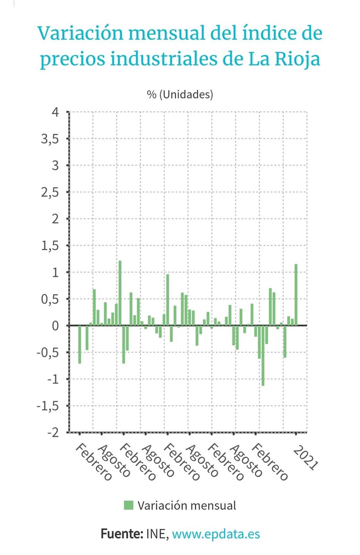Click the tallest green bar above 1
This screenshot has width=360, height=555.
[120, 293]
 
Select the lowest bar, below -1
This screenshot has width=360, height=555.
[263, 355]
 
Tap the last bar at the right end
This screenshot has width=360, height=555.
[296, 295]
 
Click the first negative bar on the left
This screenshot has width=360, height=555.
[79, 344]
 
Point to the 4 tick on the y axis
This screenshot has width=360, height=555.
[55, 112]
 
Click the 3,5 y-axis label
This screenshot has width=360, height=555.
[50, 139]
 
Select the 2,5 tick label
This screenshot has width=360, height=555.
[50, 192]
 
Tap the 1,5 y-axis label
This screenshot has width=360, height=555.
[50, 246]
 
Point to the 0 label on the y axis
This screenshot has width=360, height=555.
[55, 326]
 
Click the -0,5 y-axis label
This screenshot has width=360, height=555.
[48, 352]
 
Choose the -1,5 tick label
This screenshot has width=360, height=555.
[48, 406]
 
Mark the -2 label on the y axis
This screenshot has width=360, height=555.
[53, 433]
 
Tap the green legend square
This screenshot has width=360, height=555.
[128, 505]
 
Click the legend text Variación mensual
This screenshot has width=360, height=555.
[187, 505]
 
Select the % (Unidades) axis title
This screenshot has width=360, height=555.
[180, 94]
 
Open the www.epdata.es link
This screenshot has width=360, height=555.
[216, 534]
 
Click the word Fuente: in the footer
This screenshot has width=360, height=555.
[121, 534]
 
